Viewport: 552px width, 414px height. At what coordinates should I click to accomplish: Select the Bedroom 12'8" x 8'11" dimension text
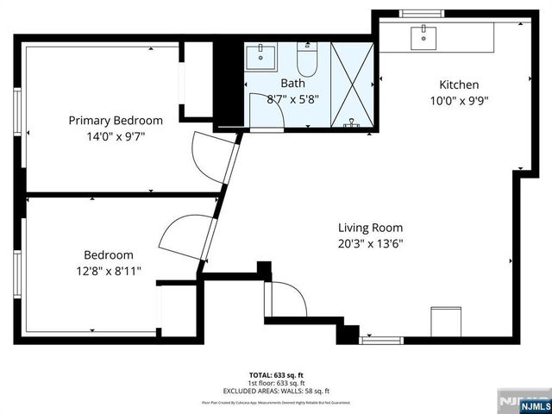coord(109,270)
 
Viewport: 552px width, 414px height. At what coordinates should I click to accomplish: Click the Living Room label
coord(370,228)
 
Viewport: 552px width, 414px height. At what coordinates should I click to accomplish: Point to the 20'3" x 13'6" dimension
coord(370,243)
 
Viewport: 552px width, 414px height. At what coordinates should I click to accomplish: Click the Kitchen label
coord(459,85)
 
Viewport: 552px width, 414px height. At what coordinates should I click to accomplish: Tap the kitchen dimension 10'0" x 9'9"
coord(459,100)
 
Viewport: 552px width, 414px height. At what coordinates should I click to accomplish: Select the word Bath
coord(292,84)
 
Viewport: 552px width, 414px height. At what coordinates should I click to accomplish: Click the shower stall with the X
coord(353,85)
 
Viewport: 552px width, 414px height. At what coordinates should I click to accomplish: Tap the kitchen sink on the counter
coord(424,35)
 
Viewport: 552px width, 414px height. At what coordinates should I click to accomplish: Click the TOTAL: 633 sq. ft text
coord(276,375)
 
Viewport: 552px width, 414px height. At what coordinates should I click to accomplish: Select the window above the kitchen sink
coord(421,13)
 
